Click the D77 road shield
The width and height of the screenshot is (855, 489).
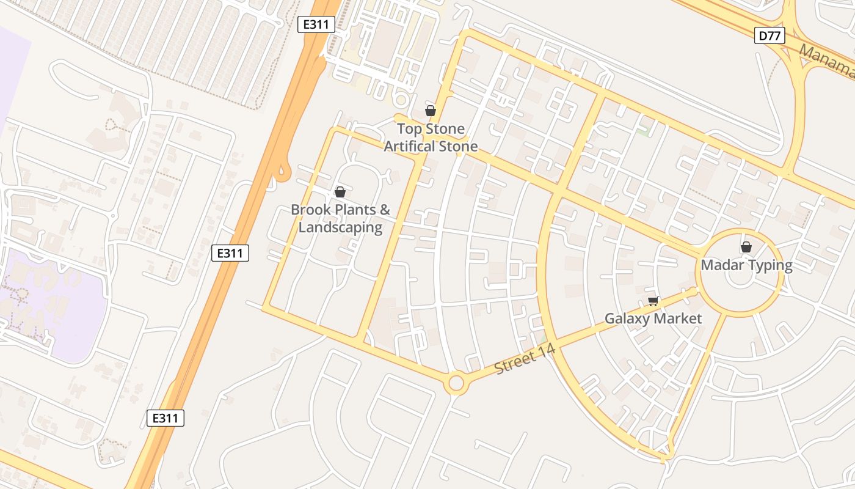coord(770,36)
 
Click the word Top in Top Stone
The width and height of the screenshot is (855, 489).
coord(410,129)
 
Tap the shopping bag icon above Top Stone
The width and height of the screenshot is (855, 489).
coord(431,111)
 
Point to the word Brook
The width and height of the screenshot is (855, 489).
coord(311,210)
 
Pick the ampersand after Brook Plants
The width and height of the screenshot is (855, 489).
coord(385,210)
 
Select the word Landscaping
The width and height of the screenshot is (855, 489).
coord(340,227)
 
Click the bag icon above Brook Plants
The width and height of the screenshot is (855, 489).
coord(340,192)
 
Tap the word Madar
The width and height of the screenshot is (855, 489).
coord(722,265)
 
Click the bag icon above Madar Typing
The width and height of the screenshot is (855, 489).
coord(746,247)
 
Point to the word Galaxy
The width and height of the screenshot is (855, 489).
coord(627,318)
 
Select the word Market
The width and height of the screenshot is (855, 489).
coord(677,318)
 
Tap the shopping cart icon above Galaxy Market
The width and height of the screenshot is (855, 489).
coord(653,301)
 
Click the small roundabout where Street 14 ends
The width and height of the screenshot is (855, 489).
coord(456,384)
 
